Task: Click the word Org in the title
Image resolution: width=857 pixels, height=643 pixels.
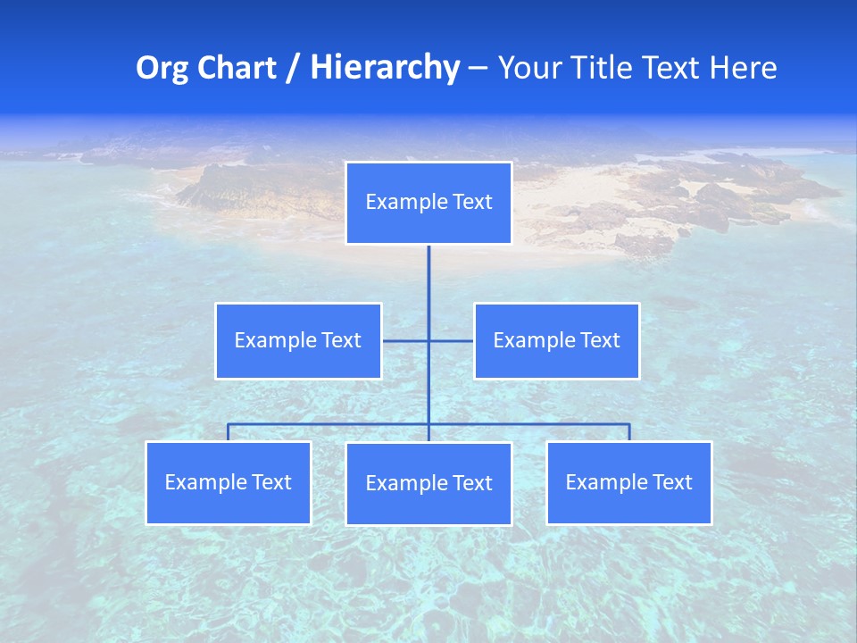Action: coord(162,68)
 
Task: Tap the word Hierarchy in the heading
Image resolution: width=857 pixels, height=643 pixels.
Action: coord(384,68)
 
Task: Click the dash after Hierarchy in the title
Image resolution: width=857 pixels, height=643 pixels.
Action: coord(478,68)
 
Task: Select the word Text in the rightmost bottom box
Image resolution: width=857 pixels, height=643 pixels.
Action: coord(672,482)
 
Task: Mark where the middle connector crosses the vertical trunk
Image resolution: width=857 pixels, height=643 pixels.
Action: coord(428,340)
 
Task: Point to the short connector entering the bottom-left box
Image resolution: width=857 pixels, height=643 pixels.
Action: coord(228,433)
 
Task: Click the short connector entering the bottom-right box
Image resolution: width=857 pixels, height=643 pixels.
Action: coord(629,433)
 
